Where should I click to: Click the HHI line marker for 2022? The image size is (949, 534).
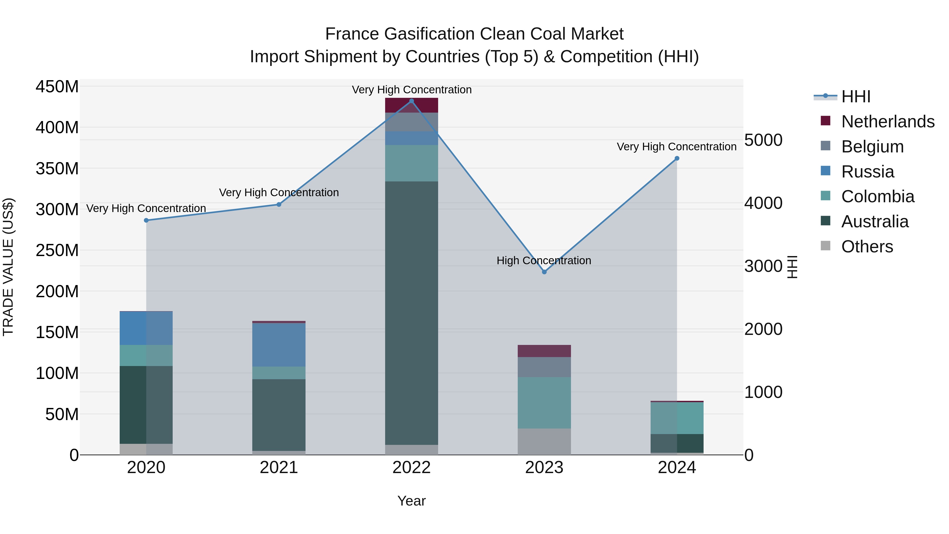(x=411, y=101)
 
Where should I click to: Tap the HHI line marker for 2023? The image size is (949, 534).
(x=544, y=272)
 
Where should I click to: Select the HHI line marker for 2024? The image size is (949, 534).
(x=677, y=158)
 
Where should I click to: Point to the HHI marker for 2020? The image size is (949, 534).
(x=146, y=220)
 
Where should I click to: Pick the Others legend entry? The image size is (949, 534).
(x=867, y=247)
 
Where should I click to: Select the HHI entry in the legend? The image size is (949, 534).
(x=855, y=97)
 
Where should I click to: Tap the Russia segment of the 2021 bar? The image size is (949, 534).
(x=279, y=345)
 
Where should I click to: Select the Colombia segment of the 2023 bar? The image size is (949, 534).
(x=544, y=402)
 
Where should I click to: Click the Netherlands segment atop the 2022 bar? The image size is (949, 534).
(x=411, y=105)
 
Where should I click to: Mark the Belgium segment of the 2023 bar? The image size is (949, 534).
(x=544, y=367)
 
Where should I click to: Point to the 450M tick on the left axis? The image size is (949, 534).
(x=57, y=87)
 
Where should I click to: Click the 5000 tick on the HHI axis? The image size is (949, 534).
(x=763, y=140)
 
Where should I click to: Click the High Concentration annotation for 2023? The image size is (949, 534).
(x=544, y=261)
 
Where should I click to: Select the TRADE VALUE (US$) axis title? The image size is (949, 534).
(x=8, y=267)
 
